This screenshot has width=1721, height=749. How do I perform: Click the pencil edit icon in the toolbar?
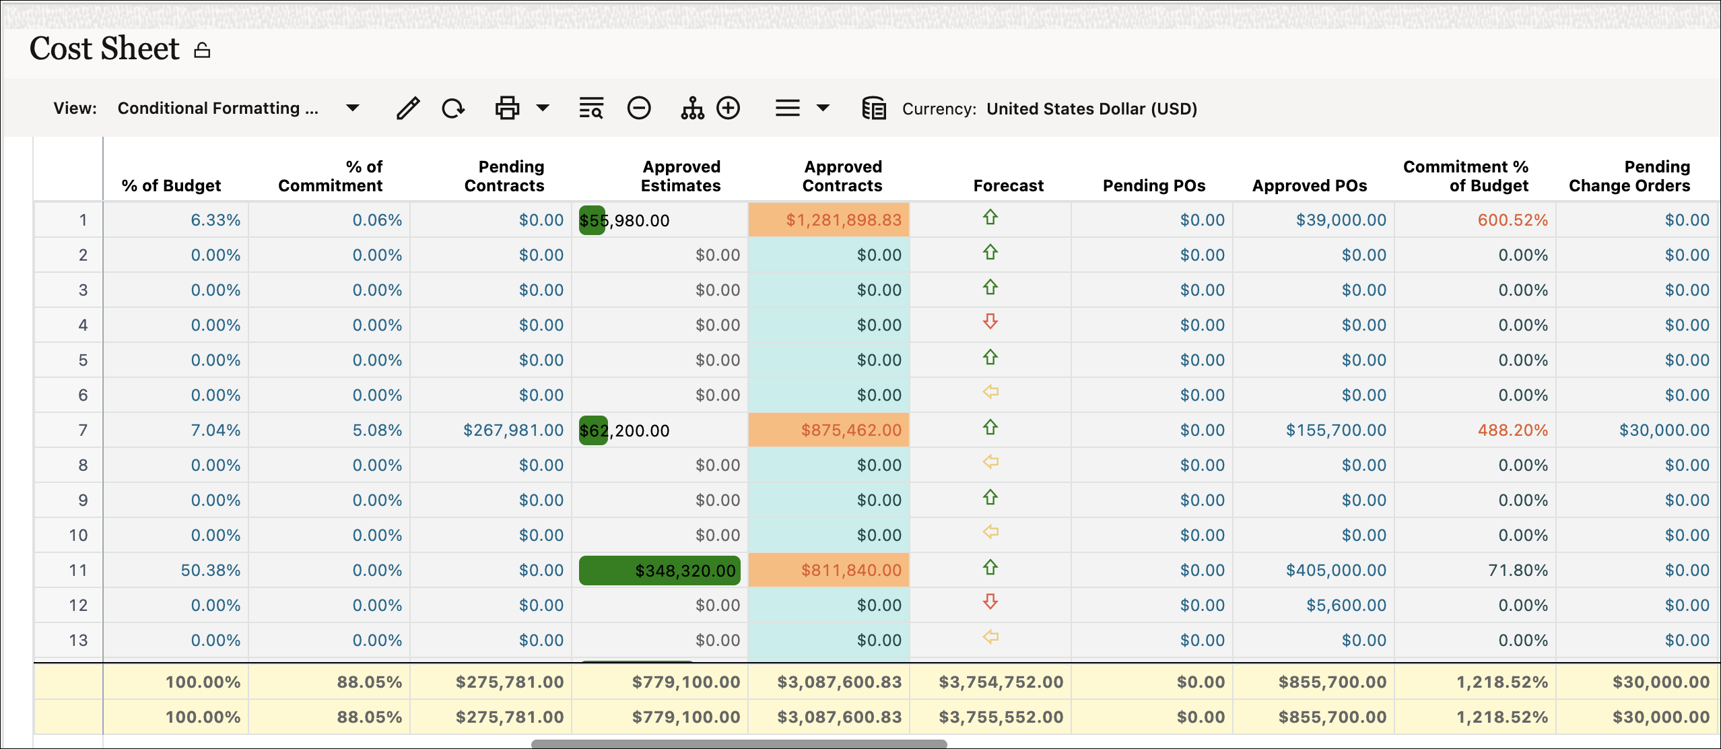point(408,108)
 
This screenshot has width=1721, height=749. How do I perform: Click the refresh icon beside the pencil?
point(453,108)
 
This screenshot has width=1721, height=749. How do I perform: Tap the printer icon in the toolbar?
point(507,108)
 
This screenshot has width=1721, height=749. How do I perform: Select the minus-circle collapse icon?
point(638,108)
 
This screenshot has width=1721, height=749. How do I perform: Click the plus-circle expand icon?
point(728,108)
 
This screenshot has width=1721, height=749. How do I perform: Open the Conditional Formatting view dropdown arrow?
point(352,108)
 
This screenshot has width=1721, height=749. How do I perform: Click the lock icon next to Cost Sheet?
point(202,51)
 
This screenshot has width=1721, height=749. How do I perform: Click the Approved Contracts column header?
point(842,176)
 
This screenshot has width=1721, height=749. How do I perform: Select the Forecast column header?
point(1008,185)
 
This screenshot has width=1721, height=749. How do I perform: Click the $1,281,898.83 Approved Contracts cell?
point(843,220)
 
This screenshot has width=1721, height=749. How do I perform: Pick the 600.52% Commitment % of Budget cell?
point(1512,220)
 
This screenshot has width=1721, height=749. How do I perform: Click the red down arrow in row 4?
point(990,321)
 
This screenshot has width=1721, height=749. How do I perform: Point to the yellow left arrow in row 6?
point(990,392)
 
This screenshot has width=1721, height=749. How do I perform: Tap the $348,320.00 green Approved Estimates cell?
point(685,571)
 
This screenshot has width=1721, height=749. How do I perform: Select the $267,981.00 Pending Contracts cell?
point(513,430)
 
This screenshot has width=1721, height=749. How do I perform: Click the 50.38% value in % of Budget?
point(210,571)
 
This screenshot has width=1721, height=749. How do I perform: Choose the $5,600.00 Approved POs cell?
point(1346,606)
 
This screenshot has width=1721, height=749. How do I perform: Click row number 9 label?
point(82,500)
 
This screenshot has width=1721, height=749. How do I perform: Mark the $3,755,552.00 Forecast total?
point(1001,717)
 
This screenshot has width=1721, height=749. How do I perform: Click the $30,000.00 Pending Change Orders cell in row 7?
point(1664,430)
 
